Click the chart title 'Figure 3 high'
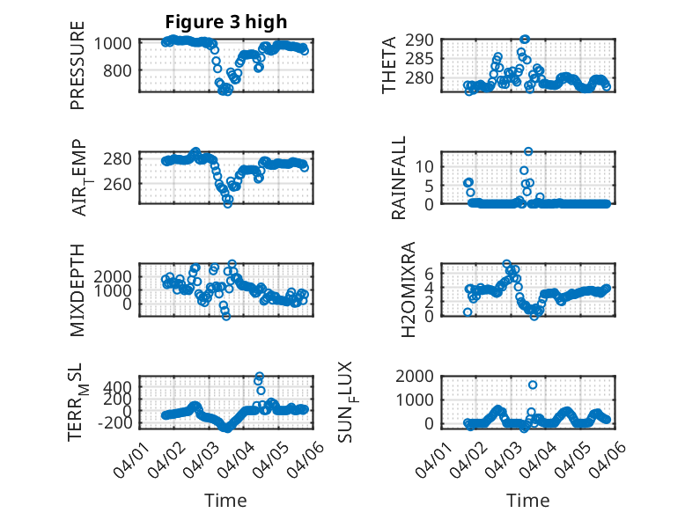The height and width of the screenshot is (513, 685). coord(225,22)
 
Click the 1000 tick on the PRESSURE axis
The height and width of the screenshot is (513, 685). coord(114,42)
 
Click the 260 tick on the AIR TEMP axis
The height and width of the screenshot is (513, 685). coord(119,184)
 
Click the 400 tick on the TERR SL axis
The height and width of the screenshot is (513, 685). coord(119,386)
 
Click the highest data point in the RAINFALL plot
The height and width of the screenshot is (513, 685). coord(528,151)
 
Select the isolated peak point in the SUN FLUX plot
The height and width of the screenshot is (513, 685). coord(533,385)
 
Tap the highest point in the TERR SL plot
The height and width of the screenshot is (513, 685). coord(259,377)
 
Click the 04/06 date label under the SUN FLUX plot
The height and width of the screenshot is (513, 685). coord(611,458)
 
